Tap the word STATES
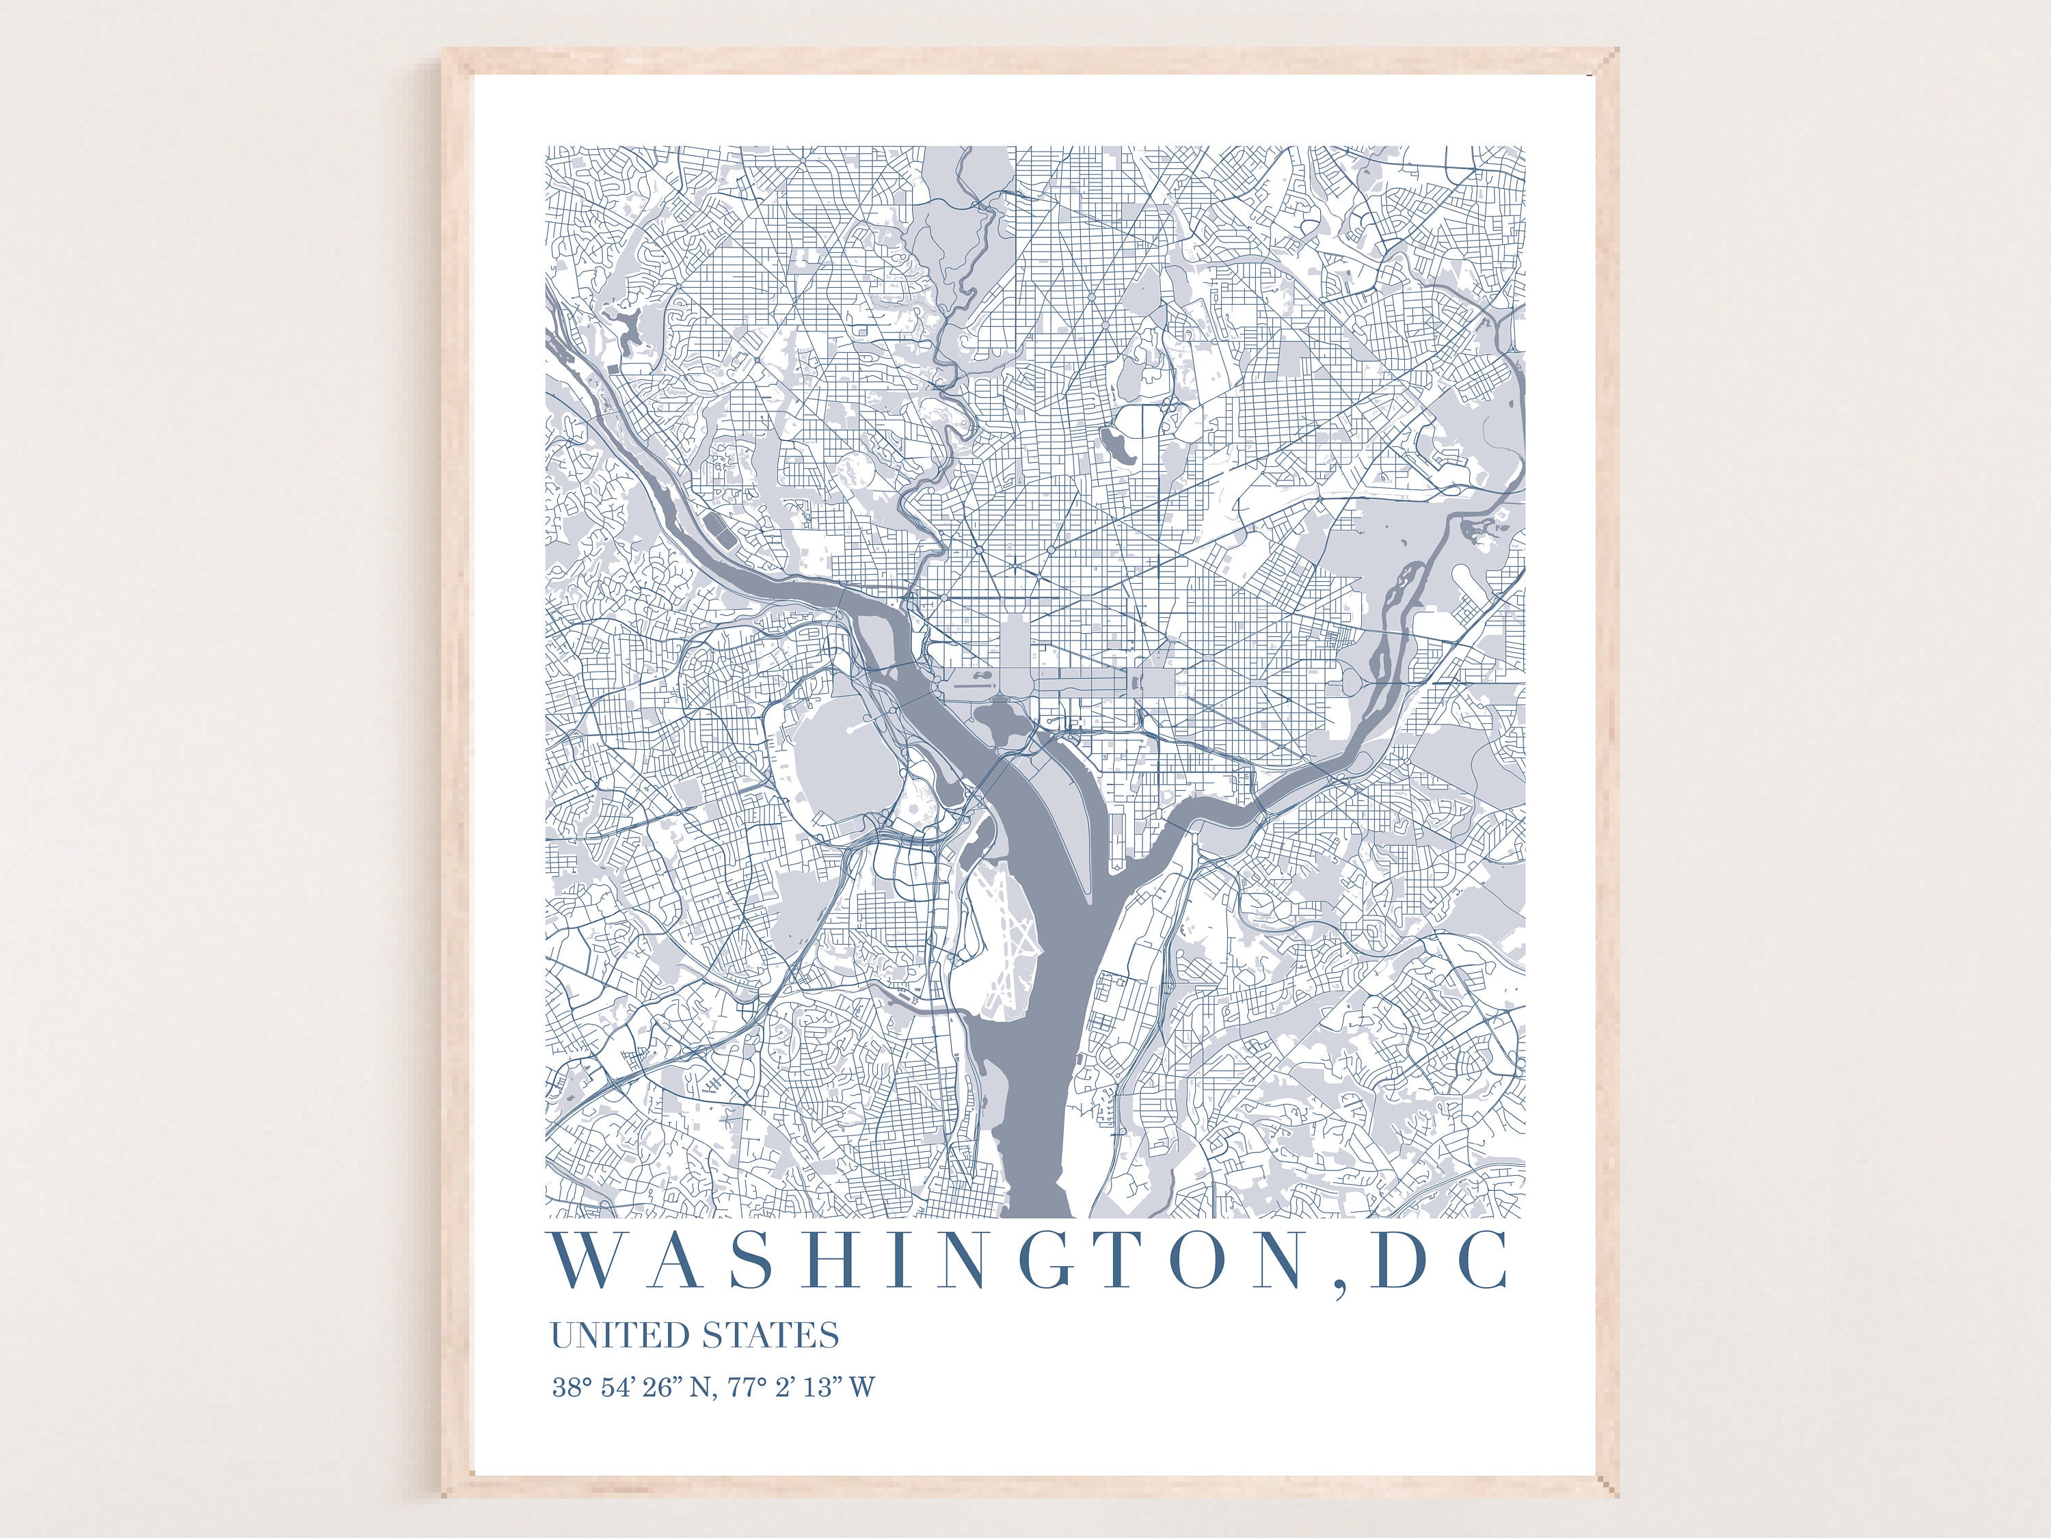click(x=770, y=1336)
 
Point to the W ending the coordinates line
click(x=861, y=1388)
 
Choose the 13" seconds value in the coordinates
click(x=822, y=1388)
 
